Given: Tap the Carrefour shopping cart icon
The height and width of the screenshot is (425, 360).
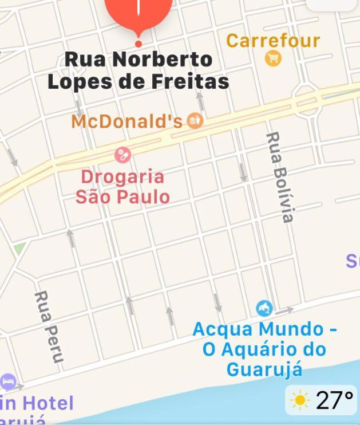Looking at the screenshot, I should [273, 58].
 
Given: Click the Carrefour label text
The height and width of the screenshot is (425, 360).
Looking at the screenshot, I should [273, 41].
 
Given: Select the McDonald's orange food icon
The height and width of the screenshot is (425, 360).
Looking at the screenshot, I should [195, 121].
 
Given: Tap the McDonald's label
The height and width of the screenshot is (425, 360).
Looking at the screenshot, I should [127, 121].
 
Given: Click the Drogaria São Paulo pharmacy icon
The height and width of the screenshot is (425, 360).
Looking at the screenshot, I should [122, 155].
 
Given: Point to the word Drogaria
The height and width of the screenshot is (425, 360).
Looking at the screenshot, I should [122, 176].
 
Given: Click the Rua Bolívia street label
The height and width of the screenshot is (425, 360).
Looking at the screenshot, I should [280, 177].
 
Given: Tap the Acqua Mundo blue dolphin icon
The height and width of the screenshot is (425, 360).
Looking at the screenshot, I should [264, 308].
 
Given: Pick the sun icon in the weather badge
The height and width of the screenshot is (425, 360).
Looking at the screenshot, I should [300, 400].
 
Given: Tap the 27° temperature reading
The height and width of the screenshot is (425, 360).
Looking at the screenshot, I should [334, 400].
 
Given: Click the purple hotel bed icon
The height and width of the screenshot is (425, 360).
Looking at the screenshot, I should [8, 381].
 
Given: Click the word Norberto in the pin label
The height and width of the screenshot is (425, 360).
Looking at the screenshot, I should [162, 59].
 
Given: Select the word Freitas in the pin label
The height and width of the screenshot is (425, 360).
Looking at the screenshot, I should [192, 81].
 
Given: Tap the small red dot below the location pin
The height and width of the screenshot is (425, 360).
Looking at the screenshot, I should [138, 44].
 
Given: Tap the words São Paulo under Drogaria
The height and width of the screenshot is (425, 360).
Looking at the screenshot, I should [122, 197].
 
